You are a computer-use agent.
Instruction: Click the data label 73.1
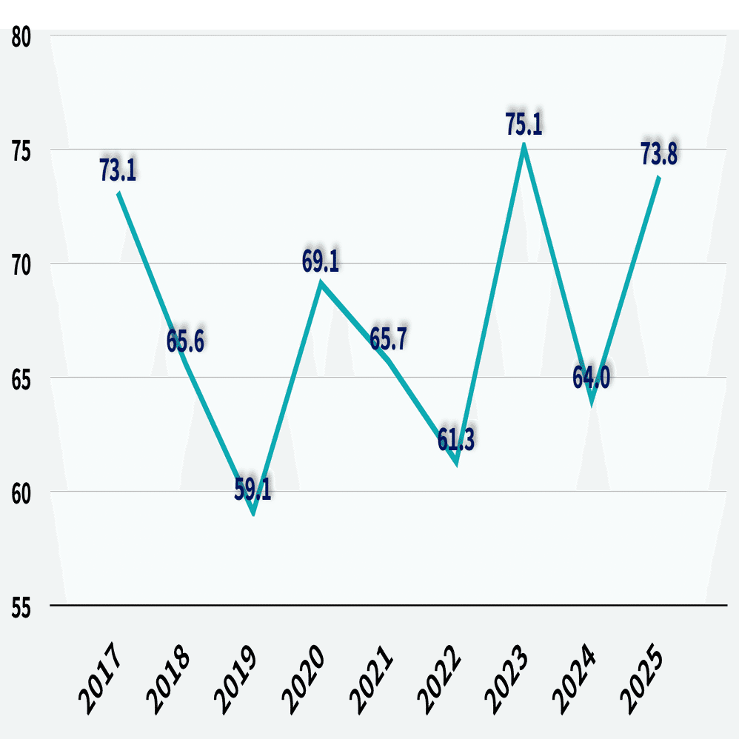coord(118,170)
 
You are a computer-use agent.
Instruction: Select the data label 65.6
coord(185,341)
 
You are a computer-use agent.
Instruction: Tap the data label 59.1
coord(253,489)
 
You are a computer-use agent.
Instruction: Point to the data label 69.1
coord(321,262)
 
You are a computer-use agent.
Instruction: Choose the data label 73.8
coord(659,155)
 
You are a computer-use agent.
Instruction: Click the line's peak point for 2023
coord(524,147)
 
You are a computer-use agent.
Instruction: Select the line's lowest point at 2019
coord(253,512)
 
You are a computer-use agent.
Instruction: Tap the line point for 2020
coord(321,283)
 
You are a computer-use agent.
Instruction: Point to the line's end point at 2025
coord(659,176)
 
